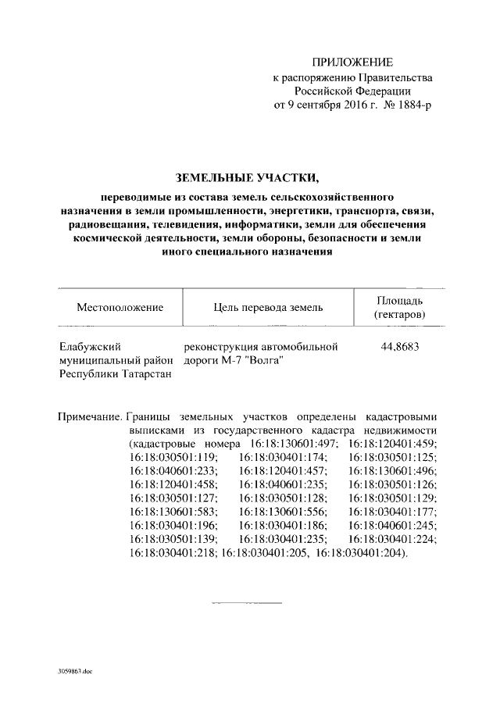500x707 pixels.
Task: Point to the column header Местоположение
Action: (120, 307)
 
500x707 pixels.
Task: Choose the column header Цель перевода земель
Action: (268, 307)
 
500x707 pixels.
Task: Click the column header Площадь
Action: (400, 300)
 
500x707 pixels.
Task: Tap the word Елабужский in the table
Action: (88, 345)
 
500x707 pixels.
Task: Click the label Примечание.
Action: (89, 416)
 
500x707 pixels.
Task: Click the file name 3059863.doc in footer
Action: (75, 670)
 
